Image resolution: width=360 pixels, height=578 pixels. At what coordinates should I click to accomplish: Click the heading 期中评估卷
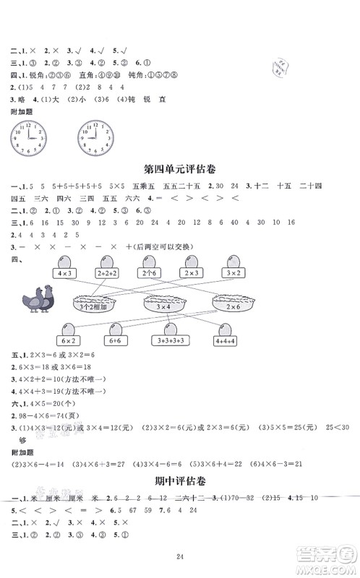[x=180, y=501]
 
